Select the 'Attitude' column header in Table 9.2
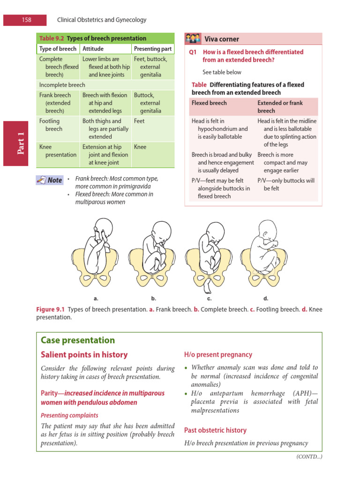[x=93, y=48]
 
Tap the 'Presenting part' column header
[x=153, y=48]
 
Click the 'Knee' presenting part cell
[x=140, y=147]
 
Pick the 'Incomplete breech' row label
[x=62, y=85]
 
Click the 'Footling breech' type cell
[x=51, y=125]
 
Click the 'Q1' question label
[x=193, y=52]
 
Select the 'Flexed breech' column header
[x=209, y=103]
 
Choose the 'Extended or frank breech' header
[x=280, y=106]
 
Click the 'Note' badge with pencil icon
[x=50, y=180]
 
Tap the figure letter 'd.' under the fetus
[x=266, y=298]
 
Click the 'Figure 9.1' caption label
[x=51, y=310]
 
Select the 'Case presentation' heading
[x=78, y=340]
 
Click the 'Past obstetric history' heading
[x=215, y=430]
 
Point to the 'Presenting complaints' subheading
[x=69, y=415]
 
